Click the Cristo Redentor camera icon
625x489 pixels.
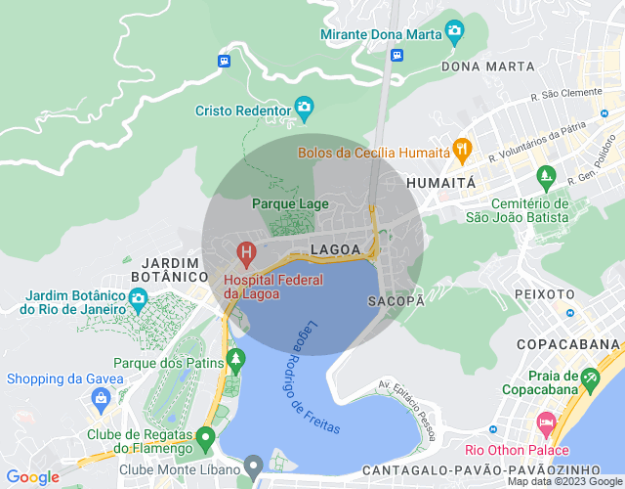coord(304,106)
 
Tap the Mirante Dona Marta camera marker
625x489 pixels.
coord(453,30)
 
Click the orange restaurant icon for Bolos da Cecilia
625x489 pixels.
coord(462,150)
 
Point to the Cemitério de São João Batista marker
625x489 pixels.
coord(545,178)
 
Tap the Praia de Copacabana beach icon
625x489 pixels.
coord(589,378)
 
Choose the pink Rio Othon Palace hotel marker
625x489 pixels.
coord(545,425)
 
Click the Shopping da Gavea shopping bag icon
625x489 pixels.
coord(101,397)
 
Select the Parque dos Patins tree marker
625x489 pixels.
coord(236,362)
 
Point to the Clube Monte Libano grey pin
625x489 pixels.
coord(254,465)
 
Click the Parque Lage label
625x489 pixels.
coord(290,203)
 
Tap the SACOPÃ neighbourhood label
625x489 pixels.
coord(396,301)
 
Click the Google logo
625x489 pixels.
coord(33,476)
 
